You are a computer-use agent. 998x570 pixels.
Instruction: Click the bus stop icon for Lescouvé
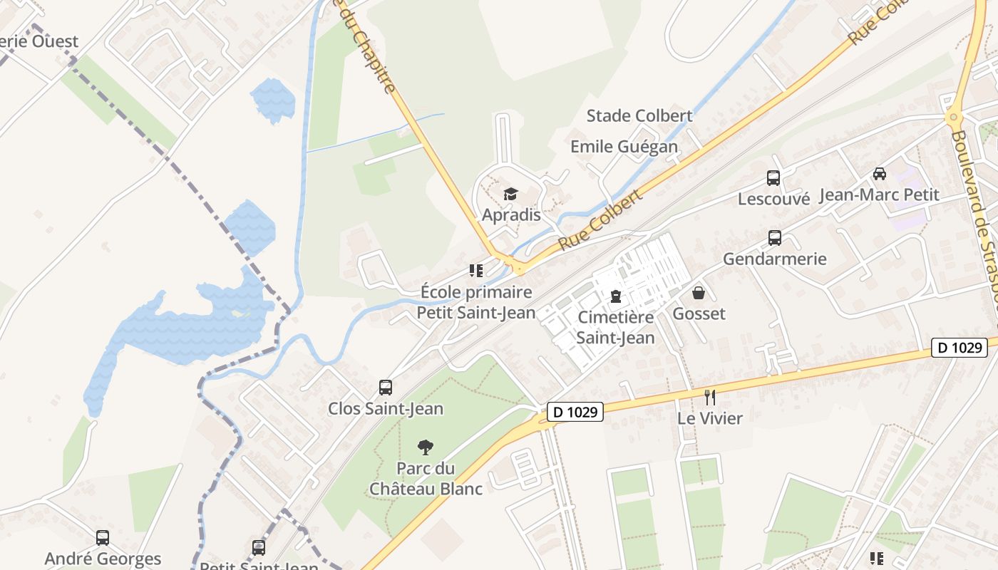[x=773, y=178]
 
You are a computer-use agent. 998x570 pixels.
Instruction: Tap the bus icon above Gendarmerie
[x=775, y=238]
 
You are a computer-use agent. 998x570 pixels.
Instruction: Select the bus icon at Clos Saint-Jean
[x=386, y=388]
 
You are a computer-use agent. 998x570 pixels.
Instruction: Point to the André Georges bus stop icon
[x=103, y=537]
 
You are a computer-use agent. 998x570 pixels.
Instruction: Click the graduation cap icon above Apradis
[x=510, y=194]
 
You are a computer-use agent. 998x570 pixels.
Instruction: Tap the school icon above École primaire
[x=475, y=271]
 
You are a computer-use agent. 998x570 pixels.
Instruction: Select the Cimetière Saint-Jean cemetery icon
[x=616, y=296]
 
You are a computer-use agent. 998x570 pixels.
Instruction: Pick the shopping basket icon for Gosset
[x=699, y=293]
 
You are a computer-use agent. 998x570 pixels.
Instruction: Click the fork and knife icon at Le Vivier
[x=709, y=398]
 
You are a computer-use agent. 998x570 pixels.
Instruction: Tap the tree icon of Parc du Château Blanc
[x=426, y=447]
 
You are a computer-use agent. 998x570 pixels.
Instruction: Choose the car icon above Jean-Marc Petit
[x=880, y=174]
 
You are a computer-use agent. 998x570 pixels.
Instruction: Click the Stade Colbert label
[x=639, y=115]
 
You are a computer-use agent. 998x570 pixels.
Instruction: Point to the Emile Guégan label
[x=624, y=147]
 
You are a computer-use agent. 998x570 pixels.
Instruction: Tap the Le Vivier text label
[x=710, y=418]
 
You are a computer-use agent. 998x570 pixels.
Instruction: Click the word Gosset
[x=699, y=313]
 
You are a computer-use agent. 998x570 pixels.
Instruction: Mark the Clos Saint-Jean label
[x=386, y=409]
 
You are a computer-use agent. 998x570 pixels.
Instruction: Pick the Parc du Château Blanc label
[x=426, y=479]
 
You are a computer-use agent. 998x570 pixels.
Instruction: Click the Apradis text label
[x=511, y=214]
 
